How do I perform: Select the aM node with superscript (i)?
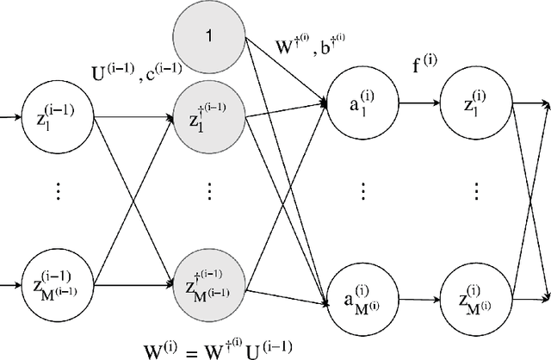tap(361, 298)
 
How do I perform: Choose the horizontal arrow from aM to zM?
tap(417, 298)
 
